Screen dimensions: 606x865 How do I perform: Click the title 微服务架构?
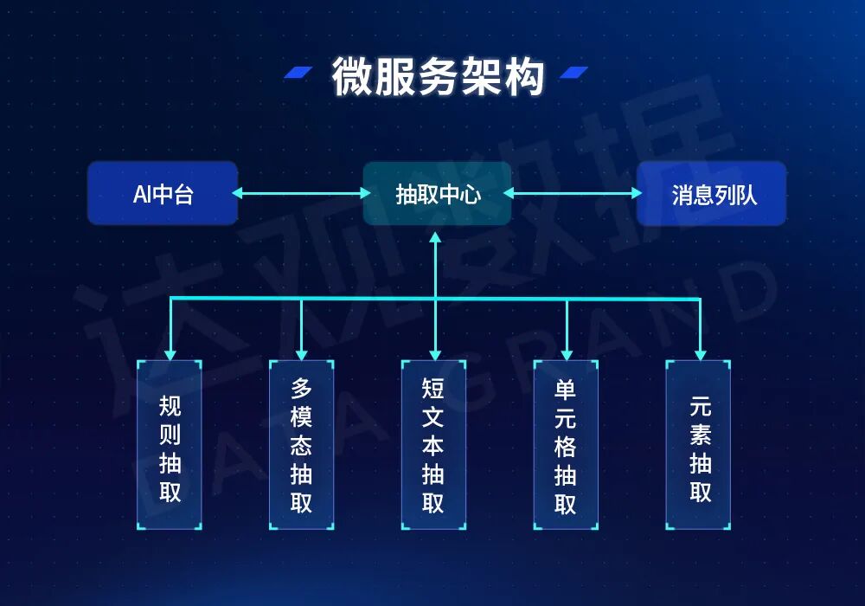click(x=438, y=77)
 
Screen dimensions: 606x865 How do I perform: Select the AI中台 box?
click(x=162, y=193)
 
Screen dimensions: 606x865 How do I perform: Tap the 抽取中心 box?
click(x=437, y=193)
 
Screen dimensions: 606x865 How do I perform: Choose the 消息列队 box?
click(x=711, y=193)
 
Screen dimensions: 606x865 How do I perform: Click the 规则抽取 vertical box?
click(x=170, y=445)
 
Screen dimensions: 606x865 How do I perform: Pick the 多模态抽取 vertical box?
click(x=301, y=445)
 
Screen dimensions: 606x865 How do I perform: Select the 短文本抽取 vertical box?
click(x=433, y=445)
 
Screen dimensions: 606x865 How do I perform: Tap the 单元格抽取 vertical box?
click(x=566, y=445)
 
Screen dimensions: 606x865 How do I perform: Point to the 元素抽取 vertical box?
click(x=698, y=445)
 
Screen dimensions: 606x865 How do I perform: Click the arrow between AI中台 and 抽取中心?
click(x=301, y=193)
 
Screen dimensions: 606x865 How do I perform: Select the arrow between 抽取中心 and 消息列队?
click(x=573, y=193)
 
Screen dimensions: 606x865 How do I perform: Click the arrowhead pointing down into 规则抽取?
click(x=170, y=353)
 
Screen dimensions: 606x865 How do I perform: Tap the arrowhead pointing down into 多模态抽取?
click(x=301, y=353)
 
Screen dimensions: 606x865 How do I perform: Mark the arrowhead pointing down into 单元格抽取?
click(x=567, y=353)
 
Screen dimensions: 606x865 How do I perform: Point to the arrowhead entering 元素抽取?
click(x=700, y=353)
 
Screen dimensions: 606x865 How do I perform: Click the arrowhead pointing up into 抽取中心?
click(x=436, y=236)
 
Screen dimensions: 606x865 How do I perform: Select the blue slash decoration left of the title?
click(x=299, y=73)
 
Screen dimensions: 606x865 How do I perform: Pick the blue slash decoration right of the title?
click(x=574, y=73)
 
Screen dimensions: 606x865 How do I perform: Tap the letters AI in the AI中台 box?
click(x=142, y=194)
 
